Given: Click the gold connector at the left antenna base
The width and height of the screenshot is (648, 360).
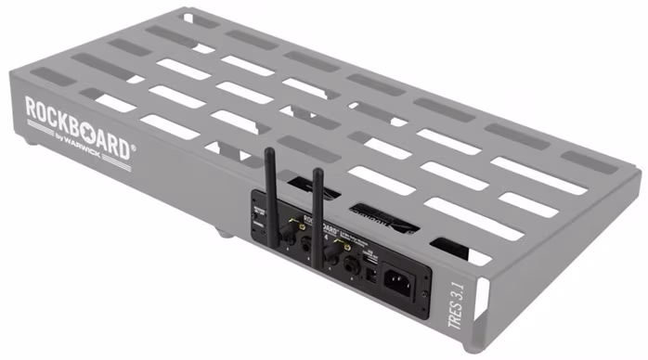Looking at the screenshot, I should pyautogui.click(x=302, y=226).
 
